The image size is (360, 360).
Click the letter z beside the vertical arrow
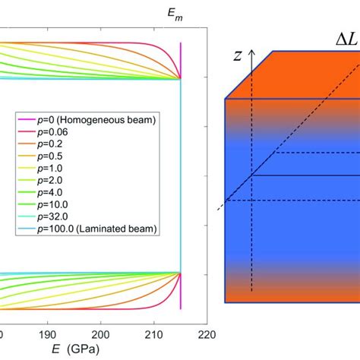[x=237, y=55]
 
